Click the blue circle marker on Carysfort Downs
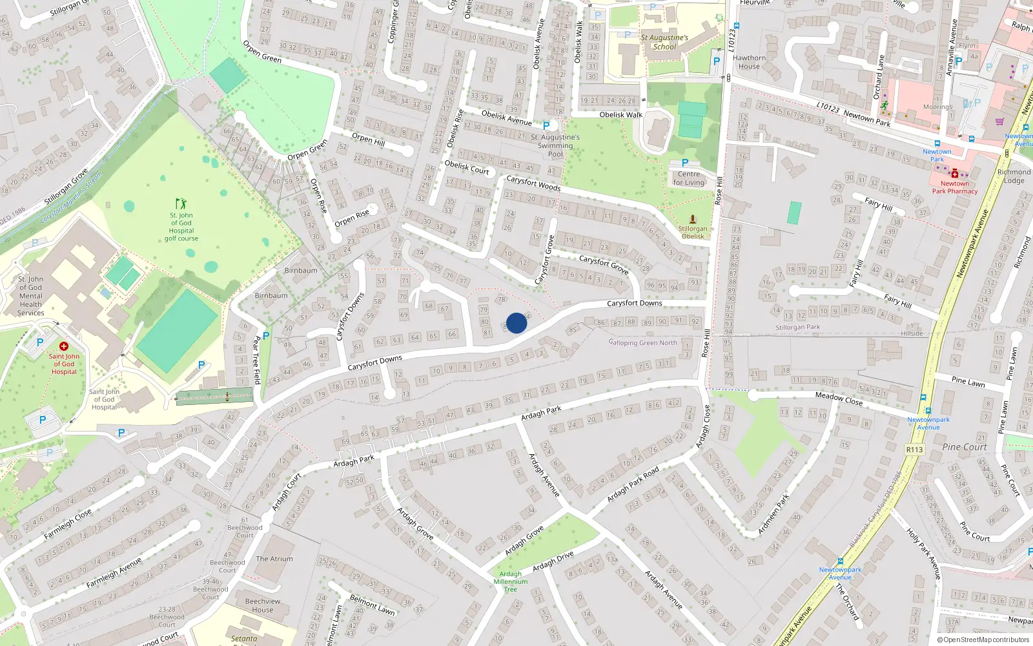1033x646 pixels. [516, 323]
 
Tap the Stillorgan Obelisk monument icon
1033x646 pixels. [693, 219]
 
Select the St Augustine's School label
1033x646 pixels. [664, 42]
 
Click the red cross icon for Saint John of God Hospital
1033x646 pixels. [64, 346]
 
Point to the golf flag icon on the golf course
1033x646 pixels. [181, 203]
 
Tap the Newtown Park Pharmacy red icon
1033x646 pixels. [955, 174]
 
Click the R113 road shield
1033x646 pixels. [915, 450]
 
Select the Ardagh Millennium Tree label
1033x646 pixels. [511, 581]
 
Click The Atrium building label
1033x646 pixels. [274, 559]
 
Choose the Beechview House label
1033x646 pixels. [263, 605]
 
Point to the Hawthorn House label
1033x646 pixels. [749, 62]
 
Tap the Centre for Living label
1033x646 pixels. [689, 178]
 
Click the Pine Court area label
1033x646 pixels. [965, 447]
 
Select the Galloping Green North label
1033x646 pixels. [643, 343]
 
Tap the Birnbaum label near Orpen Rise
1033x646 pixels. [301, 271]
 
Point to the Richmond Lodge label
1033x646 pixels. [1014, 176]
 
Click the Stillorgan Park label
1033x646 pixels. [798, 328]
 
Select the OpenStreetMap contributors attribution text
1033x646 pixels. [983, 640]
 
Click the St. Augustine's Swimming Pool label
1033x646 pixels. [555, 145]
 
